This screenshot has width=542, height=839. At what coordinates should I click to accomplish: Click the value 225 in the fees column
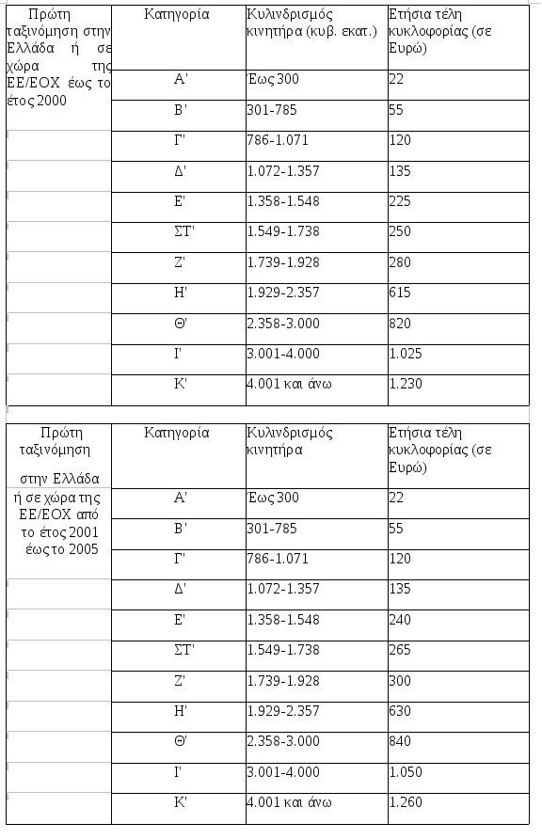(x=400, y=201)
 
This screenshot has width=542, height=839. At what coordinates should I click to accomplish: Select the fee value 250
(x=400, y=231)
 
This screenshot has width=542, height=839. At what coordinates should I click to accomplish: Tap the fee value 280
(x=400, y=262)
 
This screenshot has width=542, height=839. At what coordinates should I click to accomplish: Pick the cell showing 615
(x=399, y=293)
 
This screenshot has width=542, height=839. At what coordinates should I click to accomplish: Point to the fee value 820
(x=400, y=324)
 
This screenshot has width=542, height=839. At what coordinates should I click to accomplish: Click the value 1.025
(x=405, y=354)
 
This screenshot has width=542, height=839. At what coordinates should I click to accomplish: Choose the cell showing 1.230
(x=405, y=384)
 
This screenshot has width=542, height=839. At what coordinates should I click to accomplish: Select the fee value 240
(x=400, y=619)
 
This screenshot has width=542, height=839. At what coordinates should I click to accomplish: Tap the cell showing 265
(x=400, y=649)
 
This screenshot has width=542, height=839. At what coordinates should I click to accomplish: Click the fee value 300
(x=400, y=680)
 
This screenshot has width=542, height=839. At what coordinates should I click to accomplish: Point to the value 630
(x=400, y=710)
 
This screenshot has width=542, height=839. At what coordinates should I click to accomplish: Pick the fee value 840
(x=400, y=741)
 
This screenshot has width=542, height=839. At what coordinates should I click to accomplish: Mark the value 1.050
(x=405, y=771)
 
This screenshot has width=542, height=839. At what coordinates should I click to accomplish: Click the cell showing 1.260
(x=405, y=802)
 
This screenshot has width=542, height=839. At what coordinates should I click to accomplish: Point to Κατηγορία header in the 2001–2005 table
(x=177, y=433)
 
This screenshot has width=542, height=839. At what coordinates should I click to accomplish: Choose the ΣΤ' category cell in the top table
(x=177, y=231)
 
